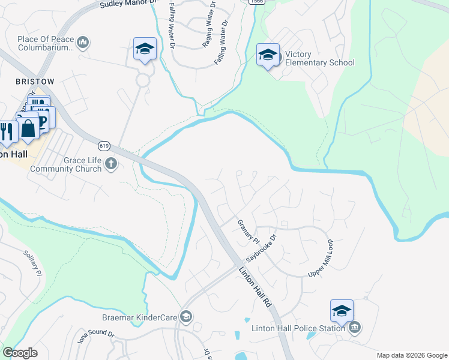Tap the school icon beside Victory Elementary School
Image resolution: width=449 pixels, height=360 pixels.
tap(268, 55)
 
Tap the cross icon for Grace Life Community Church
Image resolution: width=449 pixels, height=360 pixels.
tap(110, 163)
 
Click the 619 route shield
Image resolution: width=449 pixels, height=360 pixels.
tap(103, 145)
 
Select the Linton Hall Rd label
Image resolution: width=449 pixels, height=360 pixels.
tap(259, 288)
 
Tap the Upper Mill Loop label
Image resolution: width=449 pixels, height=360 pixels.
tap(321, 259)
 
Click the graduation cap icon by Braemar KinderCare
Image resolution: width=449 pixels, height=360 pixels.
tap(186, 316)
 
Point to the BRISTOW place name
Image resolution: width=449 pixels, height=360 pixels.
tap(35, 81)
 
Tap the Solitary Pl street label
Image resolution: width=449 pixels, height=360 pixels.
tap(32, 263)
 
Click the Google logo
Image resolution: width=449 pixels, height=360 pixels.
tap(20, 353)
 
